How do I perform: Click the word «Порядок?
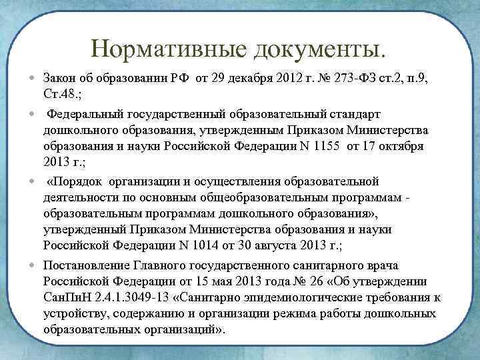(x=75, y=181)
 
